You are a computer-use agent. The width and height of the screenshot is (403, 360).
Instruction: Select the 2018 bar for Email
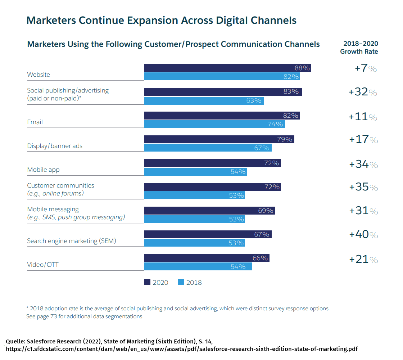tap(214, 124)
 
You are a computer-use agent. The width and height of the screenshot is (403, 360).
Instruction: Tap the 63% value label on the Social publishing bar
tap(254, 100)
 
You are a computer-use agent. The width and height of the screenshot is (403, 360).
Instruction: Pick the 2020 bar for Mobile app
tap(212, 163)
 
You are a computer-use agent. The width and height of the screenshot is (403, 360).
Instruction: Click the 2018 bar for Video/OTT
tap(198, 266)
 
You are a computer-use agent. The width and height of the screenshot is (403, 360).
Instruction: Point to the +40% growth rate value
tap(363, 235)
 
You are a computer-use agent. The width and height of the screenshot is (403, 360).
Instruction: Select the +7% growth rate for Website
tap(366, 68)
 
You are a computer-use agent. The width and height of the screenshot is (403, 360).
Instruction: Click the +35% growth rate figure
tap(363, 187)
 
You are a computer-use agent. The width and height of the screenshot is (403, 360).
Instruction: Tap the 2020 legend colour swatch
tap(147, 282)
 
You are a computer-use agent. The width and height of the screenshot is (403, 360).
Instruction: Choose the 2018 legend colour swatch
tap(181, 282)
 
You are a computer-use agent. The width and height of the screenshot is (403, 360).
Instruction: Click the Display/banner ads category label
tap(55, 146)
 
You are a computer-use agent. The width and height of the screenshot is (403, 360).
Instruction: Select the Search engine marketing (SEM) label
tap(72, 241)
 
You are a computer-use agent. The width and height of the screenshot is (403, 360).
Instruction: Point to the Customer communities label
tap(60, 185)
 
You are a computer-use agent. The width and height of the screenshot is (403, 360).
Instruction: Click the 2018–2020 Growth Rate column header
tap(359, 48)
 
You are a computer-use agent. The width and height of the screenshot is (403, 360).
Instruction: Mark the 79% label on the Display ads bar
tap(284, 139)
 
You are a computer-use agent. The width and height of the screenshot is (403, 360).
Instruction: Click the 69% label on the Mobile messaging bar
tap(266, 211)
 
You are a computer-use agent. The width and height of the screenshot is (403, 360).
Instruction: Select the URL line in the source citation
tap(182, 349)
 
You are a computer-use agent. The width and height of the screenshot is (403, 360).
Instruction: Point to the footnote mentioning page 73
tap(85, 316)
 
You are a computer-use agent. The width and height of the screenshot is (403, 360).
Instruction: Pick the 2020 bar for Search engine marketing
tap(208, 234)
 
